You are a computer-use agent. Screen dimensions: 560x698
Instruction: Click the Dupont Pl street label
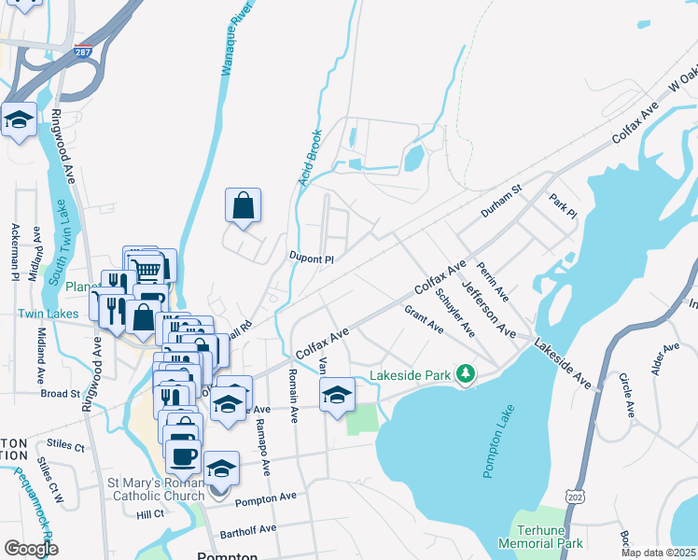pos(311,259)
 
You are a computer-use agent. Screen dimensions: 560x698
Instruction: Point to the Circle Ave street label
pos(627,396)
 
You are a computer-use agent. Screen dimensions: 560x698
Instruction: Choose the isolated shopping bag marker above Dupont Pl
pos(243,205)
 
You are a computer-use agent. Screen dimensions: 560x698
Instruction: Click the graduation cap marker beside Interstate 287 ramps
pos(18,119)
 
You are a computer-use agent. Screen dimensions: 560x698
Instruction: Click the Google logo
pos(31,548)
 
